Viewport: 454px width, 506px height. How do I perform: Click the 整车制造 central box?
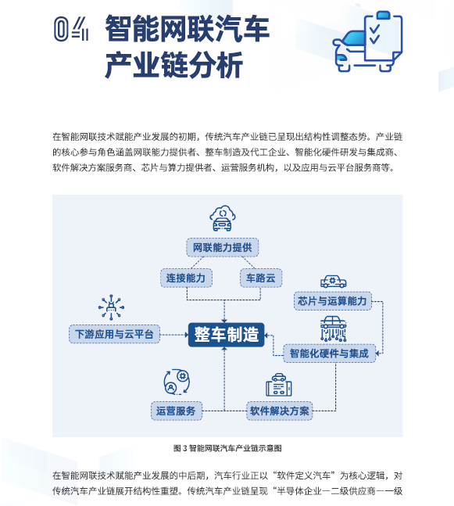click(226, 335)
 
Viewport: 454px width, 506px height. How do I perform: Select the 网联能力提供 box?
click(223, 247)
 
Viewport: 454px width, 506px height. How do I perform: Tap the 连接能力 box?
click(187, 278)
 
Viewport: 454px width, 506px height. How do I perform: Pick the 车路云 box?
click(261, 278)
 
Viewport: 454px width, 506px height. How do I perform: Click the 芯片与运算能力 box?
click(333, 301)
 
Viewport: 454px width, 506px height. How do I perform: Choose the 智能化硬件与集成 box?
click(330, 353)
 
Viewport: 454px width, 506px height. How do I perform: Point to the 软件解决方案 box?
click(280, 411)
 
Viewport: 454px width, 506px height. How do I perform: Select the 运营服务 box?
click(177, 411)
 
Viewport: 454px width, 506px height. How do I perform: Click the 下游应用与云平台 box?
click(114, 334)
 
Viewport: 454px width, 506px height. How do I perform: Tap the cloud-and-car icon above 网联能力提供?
click(223, 218)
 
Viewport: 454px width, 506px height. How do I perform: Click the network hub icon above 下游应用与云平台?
click(111, 307)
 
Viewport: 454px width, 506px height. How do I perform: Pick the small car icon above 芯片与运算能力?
click(334, 282)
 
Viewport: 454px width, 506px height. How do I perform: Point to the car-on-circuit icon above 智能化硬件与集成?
click(334, 328)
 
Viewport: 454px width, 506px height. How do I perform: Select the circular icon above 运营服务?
click(177, 382)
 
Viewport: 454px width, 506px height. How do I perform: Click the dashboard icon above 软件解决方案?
click(279, 385)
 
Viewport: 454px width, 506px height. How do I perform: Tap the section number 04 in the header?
click(71, 29)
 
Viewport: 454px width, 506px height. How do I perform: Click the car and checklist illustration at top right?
click(367, 41)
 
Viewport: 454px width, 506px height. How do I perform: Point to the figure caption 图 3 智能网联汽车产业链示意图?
click(227, 448)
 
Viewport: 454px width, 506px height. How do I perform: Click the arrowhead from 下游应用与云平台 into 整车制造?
click(187, 335)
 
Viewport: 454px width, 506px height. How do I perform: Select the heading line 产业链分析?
click(174, 66)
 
